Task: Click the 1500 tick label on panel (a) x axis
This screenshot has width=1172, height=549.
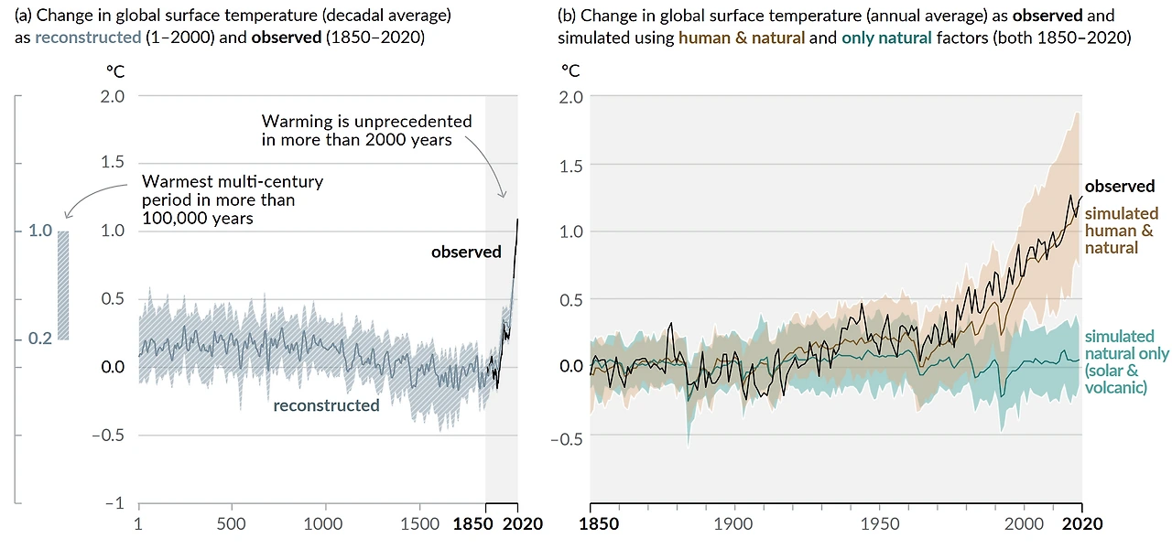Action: (x=418, y=524)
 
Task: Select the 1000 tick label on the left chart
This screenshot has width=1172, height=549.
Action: (x=324, y=524)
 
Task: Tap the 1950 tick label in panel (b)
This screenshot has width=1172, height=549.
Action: (x=879, y=524)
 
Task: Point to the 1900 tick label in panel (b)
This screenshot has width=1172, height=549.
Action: (x=734, y=524)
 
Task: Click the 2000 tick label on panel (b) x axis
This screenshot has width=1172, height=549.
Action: (x=1024, y=524)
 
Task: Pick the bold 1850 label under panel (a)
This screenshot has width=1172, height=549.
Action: (x=473, y=524)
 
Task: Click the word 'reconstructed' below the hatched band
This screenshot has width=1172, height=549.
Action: (x=326, y=405)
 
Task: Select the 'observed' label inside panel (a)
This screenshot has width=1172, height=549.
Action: (x=466, y=252)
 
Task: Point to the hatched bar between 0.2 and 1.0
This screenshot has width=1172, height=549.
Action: (x=63, y=285)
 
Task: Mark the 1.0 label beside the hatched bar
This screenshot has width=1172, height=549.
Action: (x=39, y=231)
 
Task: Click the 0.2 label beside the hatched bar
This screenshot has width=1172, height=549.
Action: (x=39, y=339)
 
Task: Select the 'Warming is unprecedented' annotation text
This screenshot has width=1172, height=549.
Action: (x=366, y=130)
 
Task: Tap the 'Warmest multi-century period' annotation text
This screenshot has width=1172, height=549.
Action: (x=233, y=200)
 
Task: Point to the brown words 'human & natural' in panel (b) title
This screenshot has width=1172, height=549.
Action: (x=742, y=38)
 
